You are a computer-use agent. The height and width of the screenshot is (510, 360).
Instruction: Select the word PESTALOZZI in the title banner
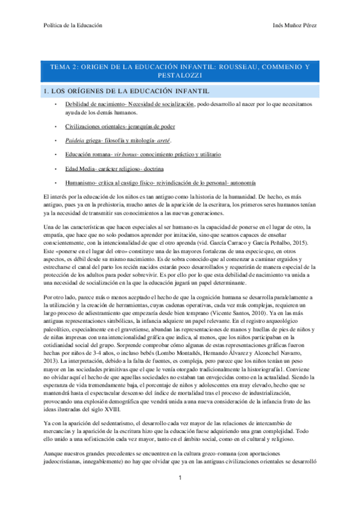(180, 76)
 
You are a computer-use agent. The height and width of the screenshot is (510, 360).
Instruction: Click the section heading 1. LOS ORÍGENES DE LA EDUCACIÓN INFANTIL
(126, 91)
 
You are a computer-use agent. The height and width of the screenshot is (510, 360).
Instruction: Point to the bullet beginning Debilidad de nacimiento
(138, 105)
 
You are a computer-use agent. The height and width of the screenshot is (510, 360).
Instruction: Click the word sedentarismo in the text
(106, 407)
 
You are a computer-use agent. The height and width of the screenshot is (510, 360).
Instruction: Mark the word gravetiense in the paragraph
(136, 330)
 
